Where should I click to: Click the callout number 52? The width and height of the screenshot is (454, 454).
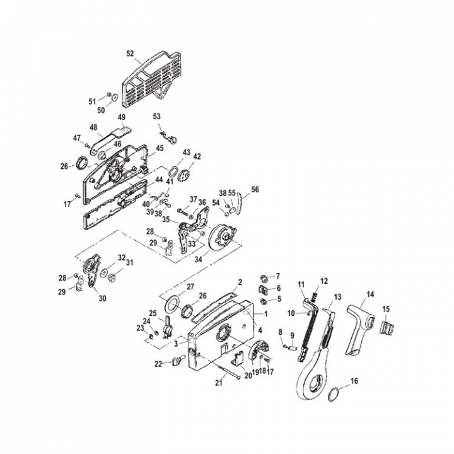coord(130,54)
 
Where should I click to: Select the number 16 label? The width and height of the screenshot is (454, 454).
coord(354,381)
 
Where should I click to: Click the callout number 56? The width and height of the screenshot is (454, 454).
coord(255,189)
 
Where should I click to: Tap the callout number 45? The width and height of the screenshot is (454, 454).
coord(160,148)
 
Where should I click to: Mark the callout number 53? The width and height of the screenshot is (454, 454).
coord(157,116)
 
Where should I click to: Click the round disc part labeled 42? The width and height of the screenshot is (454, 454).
coord(185,176)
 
